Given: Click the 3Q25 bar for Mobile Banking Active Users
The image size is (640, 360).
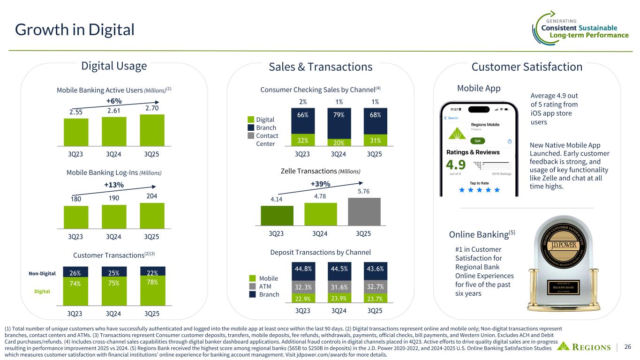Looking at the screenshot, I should [152, 130].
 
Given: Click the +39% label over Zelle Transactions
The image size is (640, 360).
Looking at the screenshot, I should [320, 184].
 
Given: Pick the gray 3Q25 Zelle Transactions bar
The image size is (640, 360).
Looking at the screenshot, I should [364, 211].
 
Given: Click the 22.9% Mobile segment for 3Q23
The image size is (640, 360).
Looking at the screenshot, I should [303, 298].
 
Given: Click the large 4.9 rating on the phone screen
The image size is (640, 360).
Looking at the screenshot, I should [456, 166].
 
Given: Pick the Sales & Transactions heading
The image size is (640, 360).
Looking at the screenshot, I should [320, 67].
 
